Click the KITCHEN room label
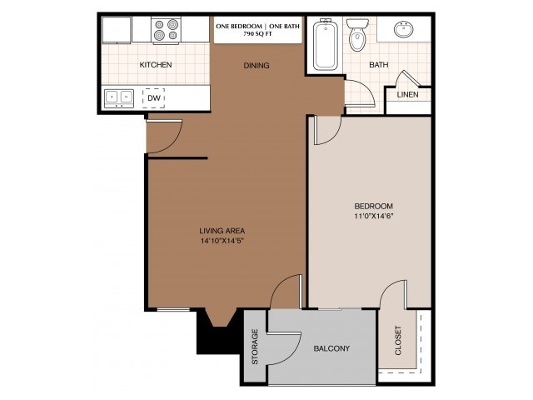[x=156, y=64]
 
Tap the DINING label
[x=257, y=66]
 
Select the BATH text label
[x=378, y=65]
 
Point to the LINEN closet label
[x=407, y=94]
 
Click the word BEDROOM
[x=373, y=206]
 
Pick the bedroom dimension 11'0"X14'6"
[x=373, y=216]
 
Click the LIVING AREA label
[x=222, y=231]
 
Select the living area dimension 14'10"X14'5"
[x=222, y=241]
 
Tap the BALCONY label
[x=331, y=348]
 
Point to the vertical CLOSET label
[x=397, y=341]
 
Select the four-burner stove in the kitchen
[x=167, y=31]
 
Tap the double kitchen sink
[x=119, y=97]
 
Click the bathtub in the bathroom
[x=324, y=46]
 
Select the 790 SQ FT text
[x=257, y=35]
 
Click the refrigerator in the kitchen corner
[x=117, y=29]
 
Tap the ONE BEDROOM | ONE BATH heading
[x=257, y=26]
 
